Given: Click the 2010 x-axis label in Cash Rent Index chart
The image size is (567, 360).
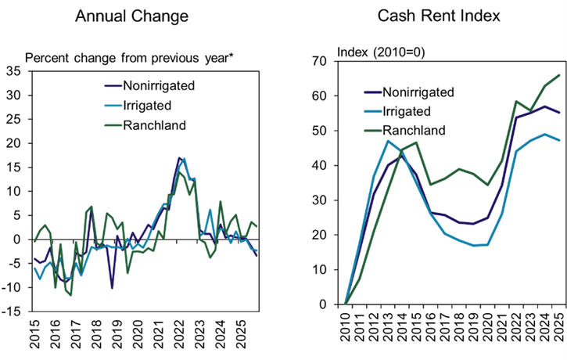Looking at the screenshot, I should [x=346, y=324].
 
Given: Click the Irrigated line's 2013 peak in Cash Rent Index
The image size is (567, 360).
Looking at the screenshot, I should [x=387, y=141].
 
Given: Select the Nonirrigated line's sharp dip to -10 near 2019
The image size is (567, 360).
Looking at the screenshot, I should [x=112, y=288].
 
